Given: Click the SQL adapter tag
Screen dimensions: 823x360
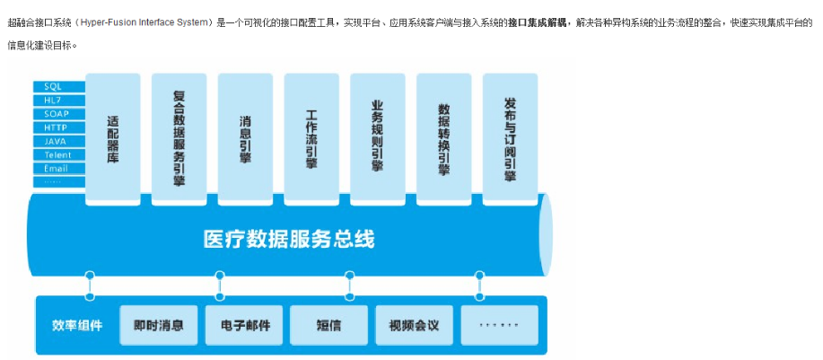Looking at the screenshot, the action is (59, 86).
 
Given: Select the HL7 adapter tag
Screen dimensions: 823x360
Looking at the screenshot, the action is (59, 101).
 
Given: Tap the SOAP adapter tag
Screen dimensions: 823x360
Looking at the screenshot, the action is (59, 114).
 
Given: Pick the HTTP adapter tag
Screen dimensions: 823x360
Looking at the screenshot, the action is (59, 127).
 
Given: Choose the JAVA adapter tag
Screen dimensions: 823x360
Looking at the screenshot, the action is (59, 141).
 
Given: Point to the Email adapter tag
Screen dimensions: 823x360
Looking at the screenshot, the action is (59, 169).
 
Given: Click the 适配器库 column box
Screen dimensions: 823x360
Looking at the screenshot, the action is (113, 139).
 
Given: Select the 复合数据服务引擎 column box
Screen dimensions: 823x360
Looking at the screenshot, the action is (179, 139).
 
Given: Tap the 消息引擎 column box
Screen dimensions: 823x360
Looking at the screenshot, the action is (245, 139).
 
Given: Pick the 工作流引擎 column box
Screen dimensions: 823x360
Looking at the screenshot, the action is (311, 139).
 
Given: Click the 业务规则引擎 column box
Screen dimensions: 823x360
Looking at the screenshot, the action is (377, 139).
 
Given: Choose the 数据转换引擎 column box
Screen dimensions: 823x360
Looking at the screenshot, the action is (443, 139).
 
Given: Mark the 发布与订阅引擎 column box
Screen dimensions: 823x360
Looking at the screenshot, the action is (510, 139).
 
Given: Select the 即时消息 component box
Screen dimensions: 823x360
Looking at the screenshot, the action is (159, 325).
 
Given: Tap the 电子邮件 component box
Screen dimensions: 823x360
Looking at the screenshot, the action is (244, 325).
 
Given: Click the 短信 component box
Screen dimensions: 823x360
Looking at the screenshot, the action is (329, 325).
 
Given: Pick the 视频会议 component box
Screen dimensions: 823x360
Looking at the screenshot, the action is (414, 325).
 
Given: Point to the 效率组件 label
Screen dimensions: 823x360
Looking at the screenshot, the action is (77, 325).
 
